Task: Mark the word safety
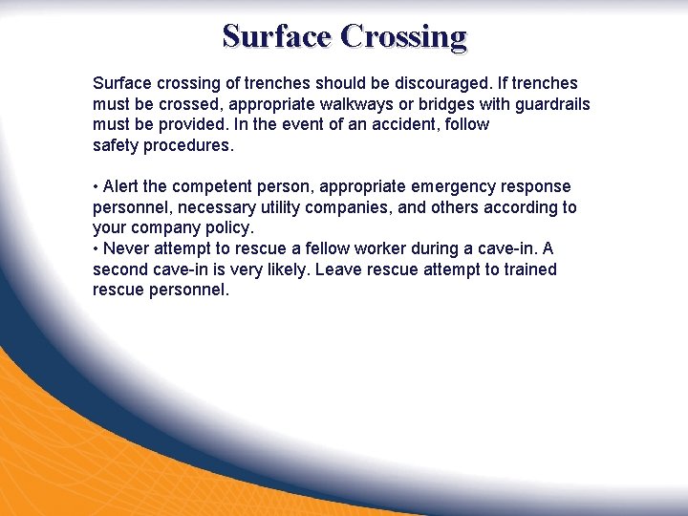(x=116, y=146)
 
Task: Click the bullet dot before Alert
(x=96, y=187)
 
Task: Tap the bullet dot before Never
(x=96, y=249)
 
